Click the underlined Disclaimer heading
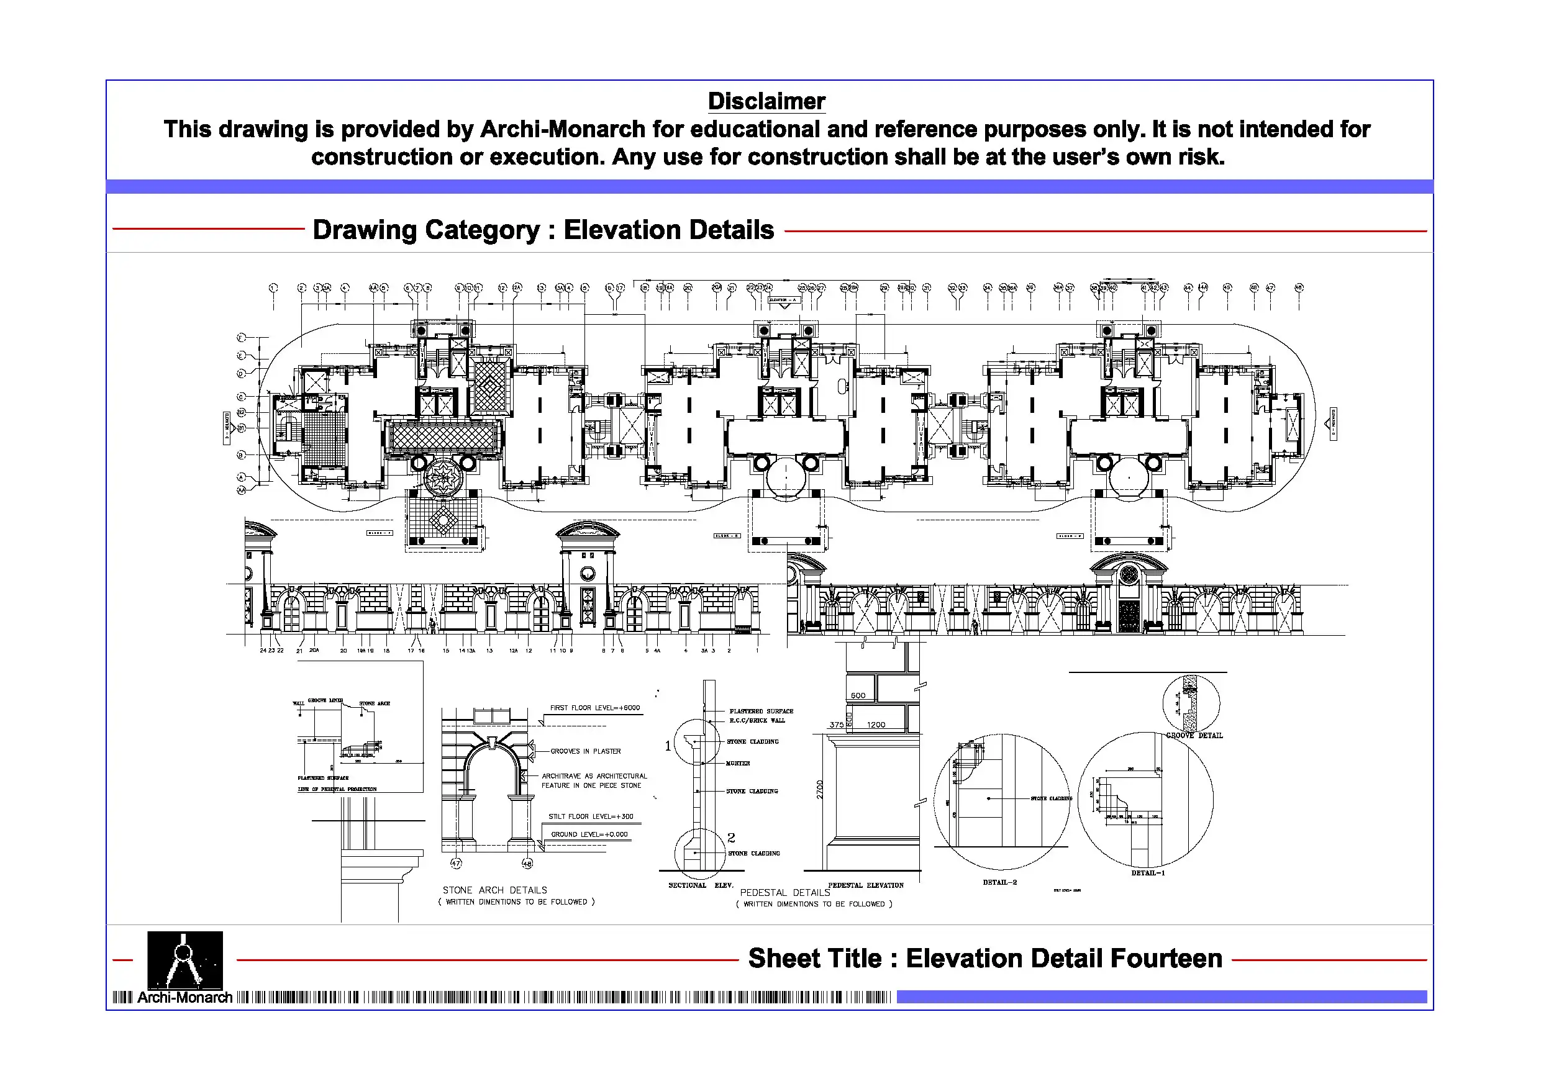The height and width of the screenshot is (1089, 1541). coord(766,101)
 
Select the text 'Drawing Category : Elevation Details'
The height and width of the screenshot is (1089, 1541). coord(543,230)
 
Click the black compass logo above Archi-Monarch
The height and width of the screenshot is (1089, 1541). coord(184,959)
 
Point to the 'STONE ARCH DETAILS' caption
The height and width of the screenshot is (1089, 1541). coord(494,890)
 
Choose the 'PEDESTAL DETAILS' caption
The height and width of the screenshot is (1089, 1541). coord(784,892)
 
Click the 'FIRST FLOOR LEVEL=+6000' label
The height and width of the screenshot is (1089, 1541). coord(594,708)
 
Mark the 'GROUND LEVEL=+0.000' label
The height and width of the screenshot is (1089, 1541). coord(589,834)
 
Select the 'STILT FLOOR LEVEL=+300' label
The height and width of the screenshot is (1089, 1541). coord(591,816)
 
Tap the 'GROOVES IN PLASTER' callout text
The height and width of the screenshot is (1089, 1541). coord(585,751)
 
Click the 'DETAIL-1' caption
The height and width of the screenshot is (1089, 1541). coord(1148,873)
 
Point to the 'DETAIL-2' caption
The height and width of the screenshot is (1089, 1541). coord(999,882)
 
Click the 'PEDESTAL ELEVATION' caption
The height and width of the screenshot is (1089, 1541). coord(866,885)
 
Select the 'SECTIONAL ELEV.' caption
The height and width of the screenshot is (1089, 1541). coord(701,885)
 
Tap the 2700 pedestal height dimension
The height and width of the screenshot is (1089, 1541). coord(819,790)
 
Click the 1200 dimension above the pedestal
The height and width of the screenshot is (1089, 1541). coord(876,725)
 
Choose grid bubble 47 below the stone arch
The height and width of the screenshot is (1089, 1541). coord(457,864)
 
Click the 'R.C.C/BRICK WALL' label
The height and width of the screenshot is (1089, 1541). coord(757,721)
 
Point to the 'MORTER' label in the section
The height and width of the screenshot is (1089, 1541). coord(738,764)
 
